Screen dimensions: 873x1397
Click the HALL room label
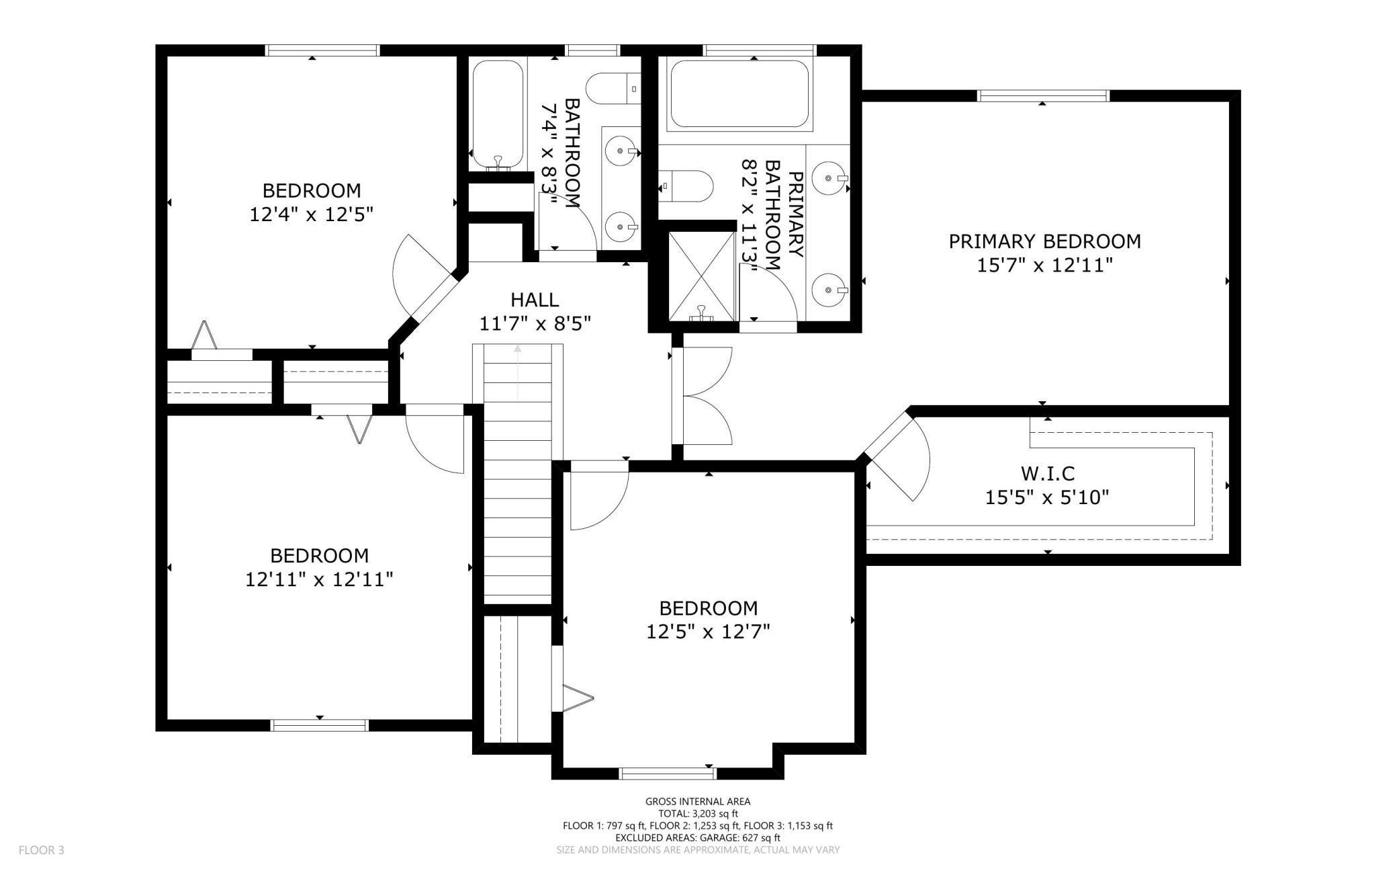click(x=534, y=300)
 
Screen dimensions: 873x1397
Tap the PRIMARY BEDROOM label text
click(x=1044, y=241)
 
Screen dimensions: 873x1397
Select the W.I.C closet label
click(x=1047, y=474)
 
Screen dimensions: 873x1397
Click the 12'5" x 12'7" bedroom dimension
click(x=708, y=632)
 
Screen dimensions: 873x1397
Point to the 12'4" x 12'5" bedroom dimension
click(x=311, y=214)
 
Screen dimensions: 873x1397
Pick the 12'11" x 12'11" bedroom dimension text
click(x=319, y=579)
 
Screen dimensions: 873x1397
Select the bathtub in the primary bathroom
click(x=739, y=94)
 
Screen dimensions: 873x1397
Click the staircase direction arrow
click(x=517, y=373)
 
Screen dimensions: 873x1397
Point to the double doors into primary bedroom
click(x=705, y=396)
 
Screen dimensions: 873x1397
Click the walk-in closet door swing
click(x=900, y=457)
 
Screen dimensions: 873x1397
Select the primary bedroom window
click(x=1042, y=96)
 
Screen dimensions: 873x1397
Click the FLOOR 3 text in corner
click(x=41, y=850)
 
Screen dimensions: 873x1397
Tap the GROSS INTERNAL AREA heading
click(x=698, y=801)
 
